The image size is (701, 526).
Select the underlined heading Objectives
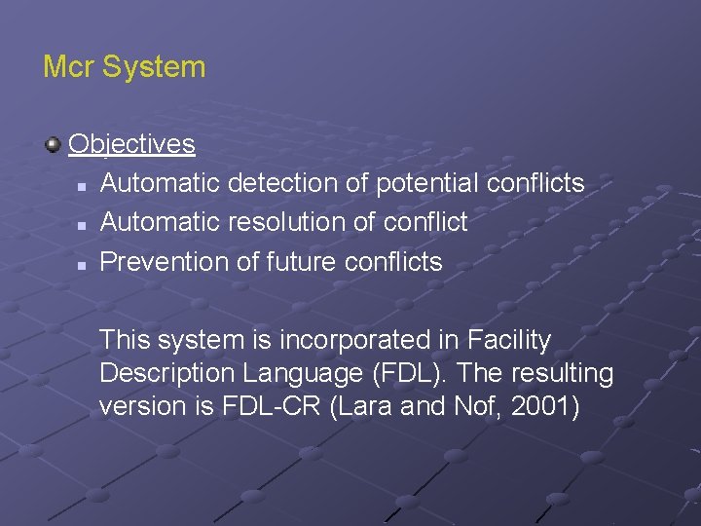[131, 145]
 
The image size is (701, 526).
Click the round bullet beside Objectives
[53, 146]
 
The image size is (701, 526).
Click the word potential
[427, 183]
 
